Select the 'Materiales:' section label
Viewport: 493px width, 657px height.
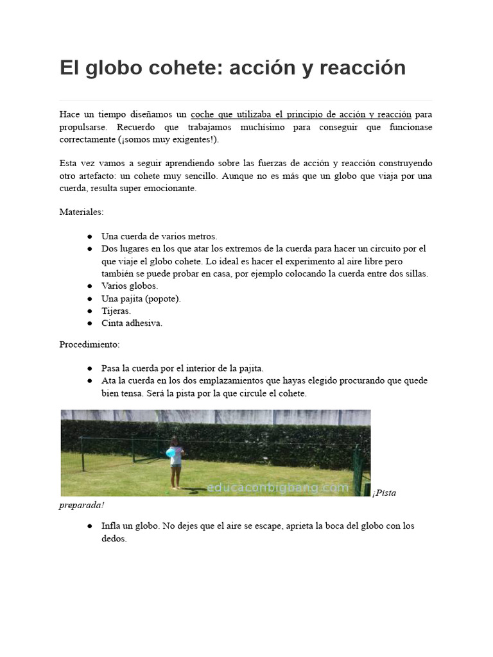82,212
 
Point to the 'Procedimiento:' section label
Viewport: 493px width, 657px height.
89,345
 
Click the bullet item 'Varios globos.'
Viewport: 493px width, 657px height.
130,286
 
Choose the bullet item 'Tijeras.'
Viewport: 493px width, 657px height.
116,311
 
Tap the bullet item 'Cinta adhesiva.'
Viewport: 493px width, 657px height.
132,323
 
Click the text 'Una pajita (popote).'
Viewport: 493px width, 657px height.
141,298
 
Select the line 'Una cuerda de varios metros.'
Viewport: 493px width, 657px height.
159,236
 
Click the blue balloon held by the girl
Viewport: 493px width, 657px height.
171,453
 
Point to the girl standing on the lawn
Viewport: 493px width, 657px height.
175,462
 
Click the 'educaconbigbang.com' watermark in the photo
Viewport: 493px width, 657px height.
277,488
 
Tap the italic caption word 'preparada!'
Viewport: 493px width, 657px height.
82,506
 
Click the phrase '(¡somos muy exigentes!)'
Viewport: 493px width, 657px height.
168,140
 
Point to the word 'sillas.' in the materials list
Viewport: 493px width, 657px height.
415,273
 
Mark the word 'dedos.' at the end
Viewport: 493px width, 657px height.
114,539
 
